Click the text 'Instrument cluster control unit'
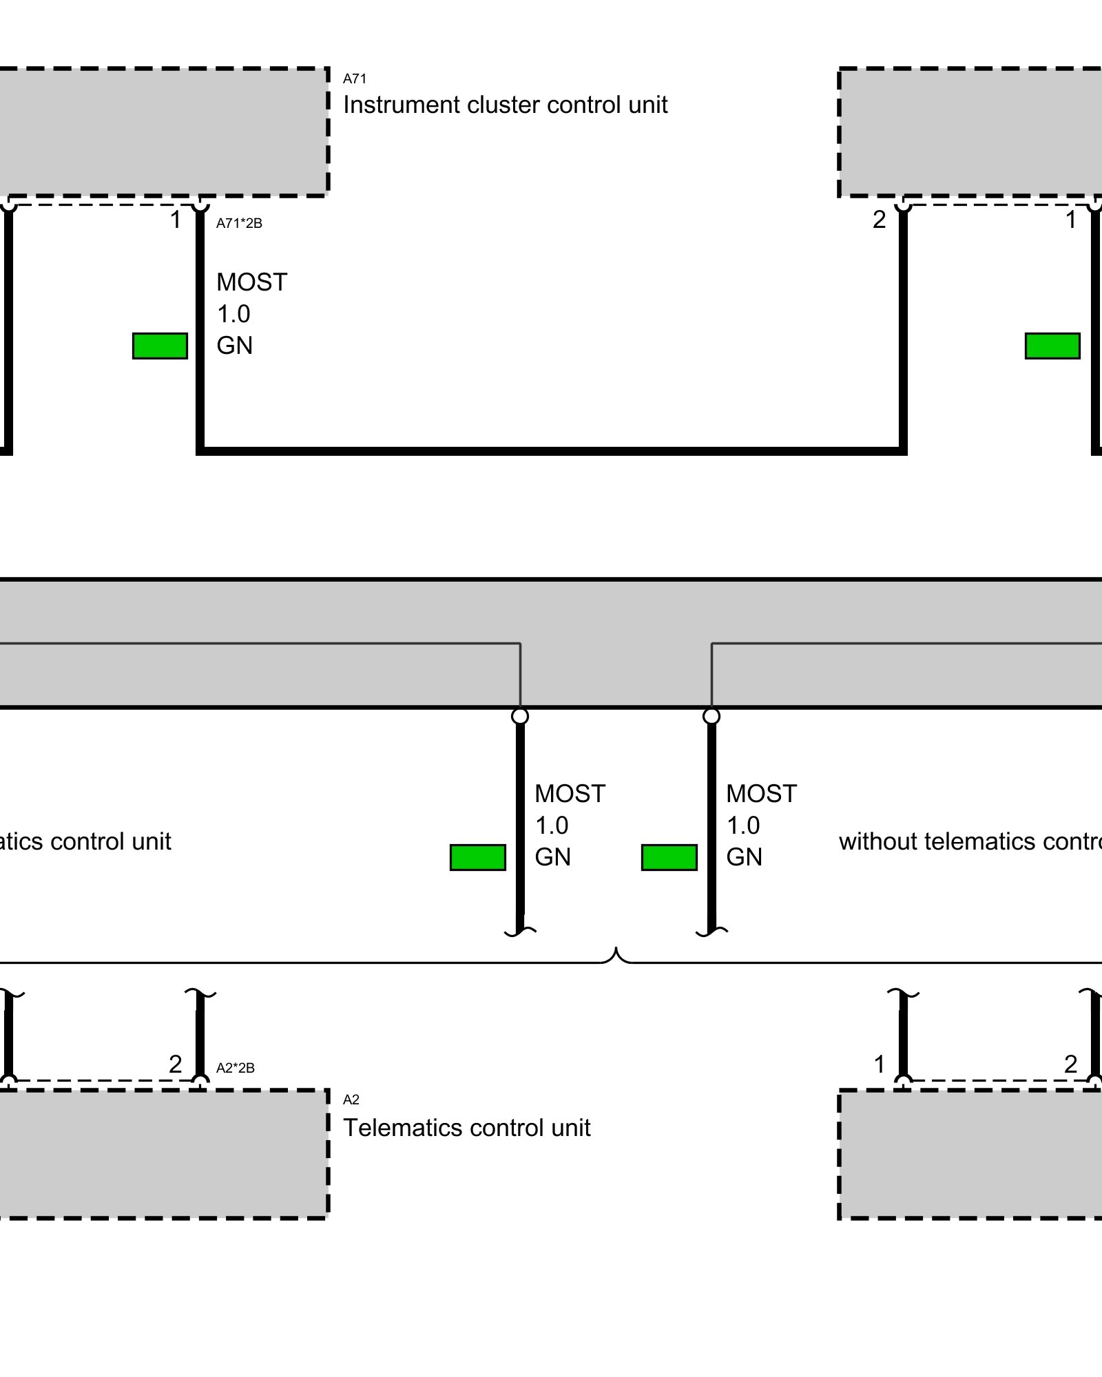click(x=505, y=105)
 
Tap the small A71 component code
click(x=355, y=78)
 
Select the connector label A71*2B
click(x=239, y=223)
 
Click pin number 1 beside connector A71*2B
click(x=176, y=220)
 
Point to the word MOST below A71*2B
click(x=251, y=282)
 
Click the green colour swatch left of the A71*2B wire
click(x=160, y=346)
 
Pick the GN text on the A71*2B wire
click(x=234, y=346)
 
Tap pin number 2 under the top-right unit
click(x=879, y=220)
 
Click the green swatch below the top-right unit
click(x=1052, y=346)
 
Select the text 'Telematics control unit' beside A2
click(x=466, y=1128)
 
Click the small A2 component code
click(x=351, y=1100)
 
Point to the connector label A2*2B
click(x=236, y=1068)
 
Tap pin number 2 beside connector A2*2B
click(x=176, y=1064)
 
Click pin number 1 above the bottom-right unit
click(x=879, y=1064)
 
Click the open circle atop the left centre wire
click(x=520, y=716)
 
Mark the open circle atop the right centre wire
click(x=711, y=716)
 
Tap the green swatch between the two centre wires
click(x=669, y=857)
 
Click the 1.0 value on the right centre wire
click(x=743, y=826)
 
